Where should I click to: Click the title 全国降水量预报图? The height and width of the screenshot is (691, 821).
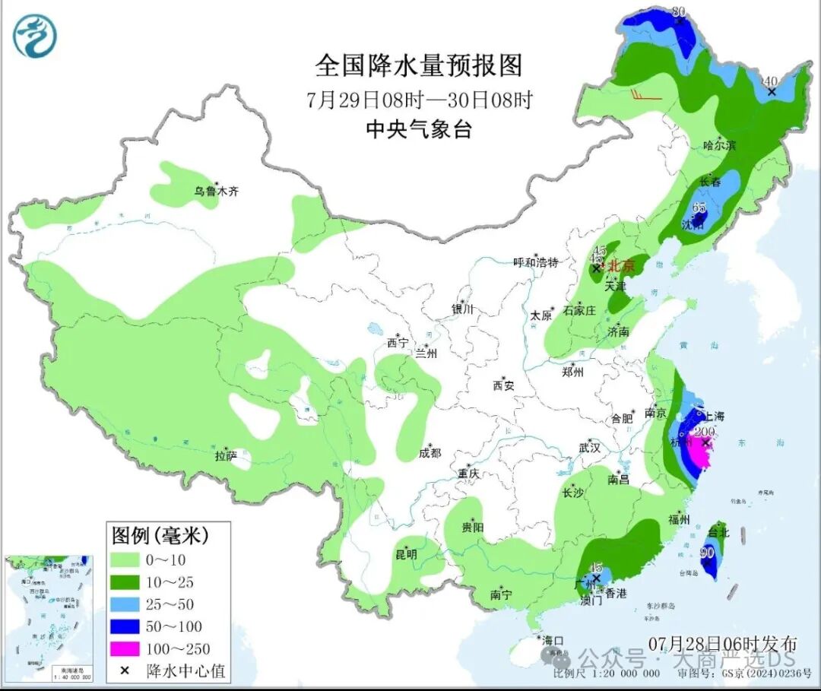[419, 66]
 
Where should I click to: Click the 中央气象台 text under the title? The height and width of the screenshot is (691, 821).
[419, 130]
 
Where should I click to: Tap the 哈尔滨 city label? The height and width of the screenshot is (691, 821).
[719, 145]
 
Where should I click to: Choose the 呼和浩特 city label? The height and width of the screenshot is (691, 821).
[535, 262]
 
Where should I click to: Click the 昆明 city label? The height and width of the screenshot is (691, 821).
[406, 553]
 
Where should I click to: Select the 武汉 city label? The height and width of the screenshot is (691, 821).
[589, 449]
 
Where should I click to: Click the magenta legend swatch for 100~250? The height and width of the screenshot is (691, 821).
[125, 648]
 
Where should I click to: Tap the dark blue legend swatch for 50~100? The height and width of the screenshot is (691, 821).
[125, 626]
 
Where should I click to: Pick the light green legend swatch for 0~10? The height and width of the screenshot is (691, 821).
[125, 559]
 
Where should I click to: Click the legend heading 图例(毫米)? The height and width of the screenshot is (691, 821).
[160, 535]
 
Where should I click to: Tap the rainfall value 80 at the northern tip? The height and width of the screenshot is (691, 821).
[680, 11]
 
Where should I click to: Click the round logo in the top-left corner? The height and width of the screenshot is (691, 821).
[35, 36]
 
